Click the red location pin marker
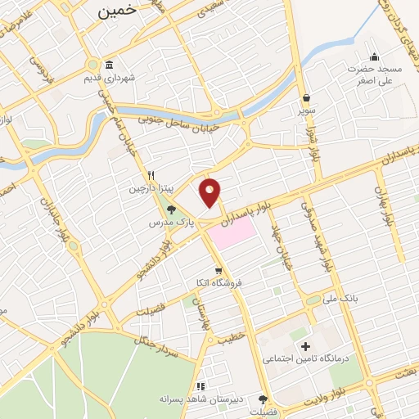(210, 191)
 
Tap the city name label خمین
(116, 11)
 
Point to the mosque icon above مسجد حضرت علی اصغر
(375, 56)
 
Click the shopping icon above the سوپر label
(306, 97)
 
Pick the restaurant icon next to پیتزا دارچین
(151, 175)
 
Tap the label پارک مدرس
(172, 222)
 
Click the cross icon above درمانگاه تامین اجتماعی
(307, 347)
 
